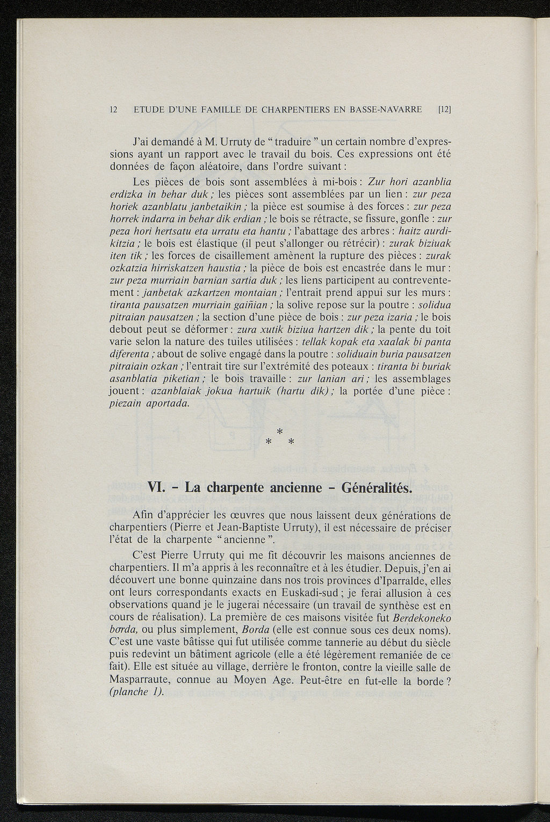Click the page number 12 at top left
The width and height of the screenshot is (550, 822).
point(113,110)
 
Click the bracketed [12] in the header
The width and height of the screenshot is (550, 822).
point(444,110)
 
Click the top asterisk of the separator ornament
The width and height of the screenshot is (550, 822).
point(279,431)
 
